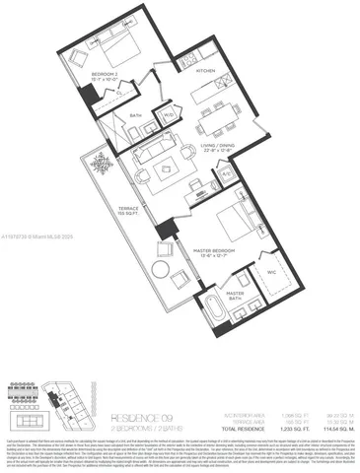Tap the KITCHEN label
[205, 72]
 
